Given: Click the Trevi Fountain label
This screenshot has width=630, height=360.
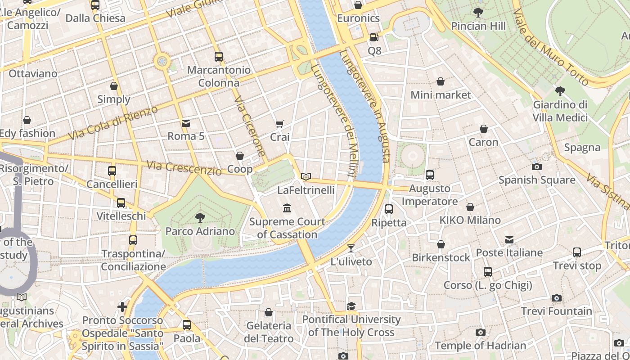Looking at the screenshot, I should [x=557, y=311].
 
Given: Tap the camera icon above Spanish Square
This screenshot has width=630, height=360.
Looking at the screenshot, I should [x=536, y=166].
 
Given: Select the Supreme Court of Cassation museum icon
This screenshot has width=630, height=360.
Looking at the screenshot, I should [x=287, y=208].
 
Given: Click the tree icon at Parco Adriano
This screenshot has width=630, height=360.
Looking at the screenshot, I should [x=200, y=218].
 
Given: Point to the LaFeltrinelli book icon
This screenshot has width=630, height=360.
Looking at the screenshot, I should [x=306, y=177].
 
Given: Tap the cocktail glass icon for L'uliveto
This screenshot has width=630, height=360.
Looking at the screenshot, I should [x=351, y=248].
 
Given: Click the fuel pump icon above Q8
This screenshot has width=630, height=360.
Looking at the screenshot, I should [x=374, y=37].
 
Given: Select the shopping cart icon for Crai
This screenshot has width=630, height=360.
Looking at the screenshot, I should [x=280, y=124].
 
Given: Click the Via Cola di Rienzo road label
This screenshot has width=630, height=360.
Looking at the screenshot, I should [x=113, y=123].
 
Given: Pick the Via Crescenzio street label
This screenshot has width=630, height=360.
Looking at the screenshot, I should [x=184, y=167].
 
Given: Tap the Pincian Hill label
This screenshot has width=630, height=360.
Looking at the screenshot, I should [x=478, y=26].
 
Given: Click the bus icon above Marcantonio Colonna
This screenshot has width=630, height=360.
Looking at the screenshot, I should [x=219, y=57].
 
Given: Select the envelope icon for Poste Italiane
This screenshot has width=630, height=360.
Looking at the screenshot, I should [x=509, y=239].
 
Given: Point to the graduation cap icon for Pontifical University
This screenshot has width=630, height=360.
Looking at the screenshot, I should [x=351, y=306].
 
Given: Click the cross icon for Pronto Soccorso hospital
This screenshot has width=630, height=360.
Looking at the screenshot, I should [x=122, y=307].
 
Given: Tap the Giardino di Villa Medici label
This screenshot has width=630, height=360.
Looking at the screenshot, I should [x=560, y=111].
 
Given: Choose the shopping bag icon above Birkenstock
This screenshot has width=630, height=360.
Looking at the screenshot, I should [x=441, y=244].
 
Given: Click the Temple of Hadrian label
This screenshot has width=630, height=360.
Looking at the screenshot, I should [x=480, y=346].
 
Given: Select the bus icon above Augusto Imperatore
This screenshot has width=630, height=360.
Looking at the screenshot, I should [x=430, y=175].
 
